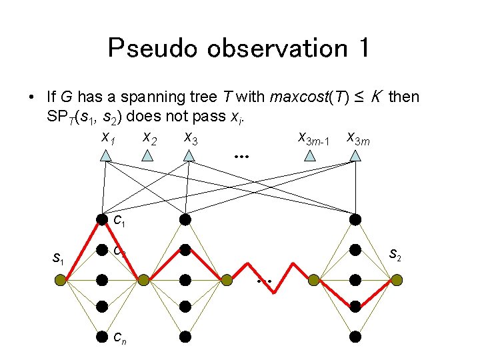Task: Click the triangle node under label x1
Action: (105, 156)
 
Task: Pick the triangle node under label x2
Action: (148, 156)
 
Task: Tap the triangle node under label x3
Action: (189, 156)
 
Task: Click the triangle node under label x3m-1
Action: (310, 156)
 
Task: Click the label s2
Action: (394, 253)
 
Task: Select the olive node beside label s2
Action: (397, 281)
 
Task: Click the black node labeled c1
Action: (102, 219)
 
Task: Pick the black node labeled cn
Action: (102, 335)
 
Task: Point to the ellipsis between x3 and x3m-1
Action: (241, 157)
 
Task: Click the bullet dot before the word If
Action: (31, 98)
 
